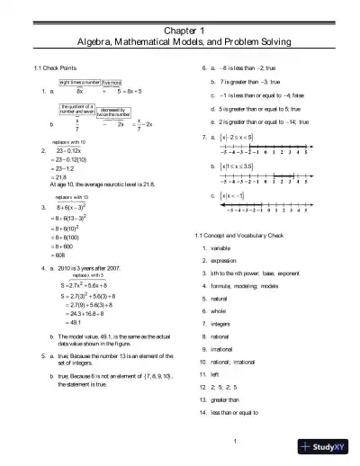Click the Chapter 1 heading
(179, 31)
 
